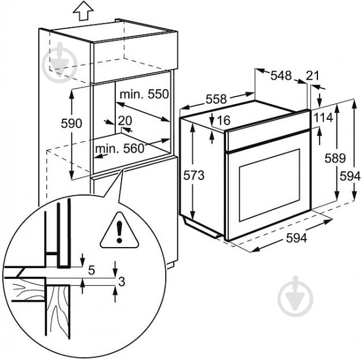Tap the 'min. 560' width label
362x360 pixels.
[119, 148]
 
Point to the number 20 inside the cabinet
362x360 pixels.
[125, 120]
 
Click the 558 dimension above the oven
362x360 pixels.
[215, 100]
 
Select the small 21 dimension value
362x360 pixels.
[313, 75]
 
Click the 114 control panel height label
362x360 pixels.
[323, 118]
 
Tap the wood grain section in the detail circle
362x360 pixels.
[58, 313]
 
